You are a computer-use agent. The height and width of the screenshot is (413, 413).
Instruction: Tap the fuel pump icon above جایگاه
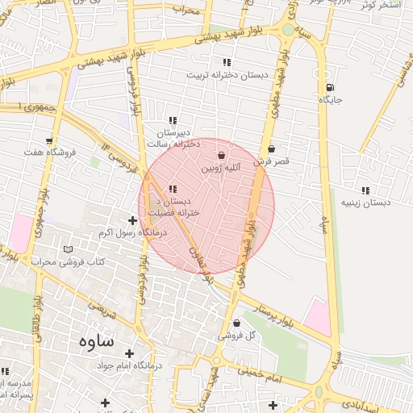pos(329,88)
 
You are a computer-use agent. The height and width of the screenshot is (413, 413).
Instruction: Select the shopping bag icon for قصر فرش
pos(271,148)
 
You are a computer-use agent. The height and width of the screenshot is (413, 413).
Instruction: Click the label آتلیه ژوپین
pos(221,168)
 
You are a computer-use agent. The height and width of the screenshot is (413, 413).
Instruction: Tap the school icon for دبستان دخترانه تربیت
pos(227,63)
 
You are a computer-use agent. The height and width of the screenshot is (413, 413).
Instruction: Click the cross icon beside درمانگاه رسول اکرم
pos(133,220)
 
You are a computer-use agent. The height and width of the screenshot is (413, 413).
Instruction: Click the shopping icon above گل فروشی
pos(236,323)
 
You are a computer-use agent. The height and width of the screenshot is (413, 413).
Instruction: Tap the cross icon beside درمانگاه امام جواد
pos(130,353)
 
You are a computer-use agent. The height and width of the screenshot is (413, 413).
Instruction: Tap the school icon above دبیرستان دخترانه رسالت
pos(173,120)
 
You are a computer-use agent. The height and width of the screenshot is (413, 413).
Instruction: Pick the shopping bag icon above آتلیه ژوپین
pos(222,155)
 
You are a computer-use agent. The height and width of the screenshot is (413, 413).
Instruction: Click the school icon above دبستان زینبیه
pos(365,190)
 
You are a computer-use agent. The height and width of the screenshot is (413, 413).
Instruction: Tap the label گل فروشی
pos(240,335)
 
